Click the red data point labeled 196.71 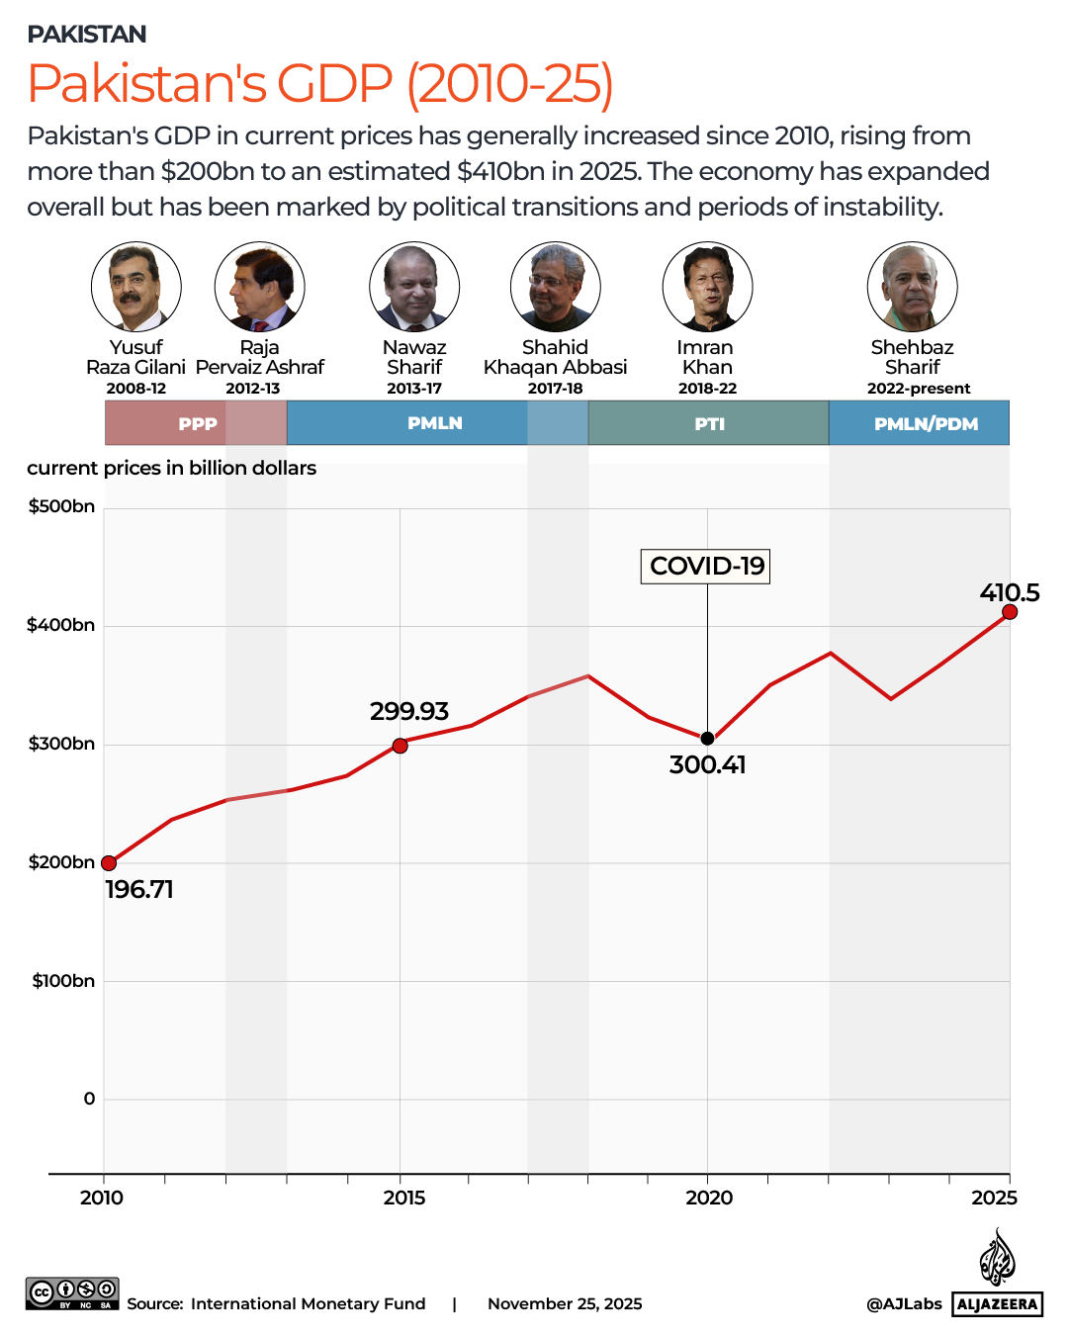pyautogui.click(x=109, y=863)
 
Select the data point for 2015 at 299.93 pyautogui.click(x=400, y=746)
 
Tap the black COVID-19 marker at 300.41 pyautogui.click(x=707, y=739)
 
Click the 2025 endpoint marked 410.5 pyautogui.click(x=1010, y=612)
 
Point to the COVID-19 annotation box pyautogui.click(x=706, y=567)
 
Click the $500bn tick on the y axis pyautogui.click(x=62, y=506)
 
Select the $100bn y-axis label pyautogui.click(x=63, y=981)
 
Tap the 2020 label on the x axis pyautogui.click(x=709, y=1198)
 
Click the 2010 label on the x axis pyautogui.click(x=102, y=1198)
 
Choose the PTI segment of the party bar pyautogui.click(x=709, y=423)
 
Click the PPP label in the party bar pyautogui.click(x=198, y=424)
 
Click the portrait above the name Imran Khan pyautogui.click(x=707, y=287)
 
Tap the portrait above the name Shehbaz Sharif pyautogui.click(x=912, y=287)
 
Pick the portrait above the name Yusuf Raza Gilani pyautogui.click(x=136, y=287)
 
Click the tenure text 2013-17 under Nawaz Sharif pyautogui.click(x=414, y=389)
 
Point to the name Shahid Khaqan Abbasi pyautogui.click(x=555, y=357)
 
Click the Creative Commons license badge pyautogui.click(x=72, y=1292)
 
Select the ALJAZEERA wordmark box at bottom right pyautogui.click(x=998, y=1303)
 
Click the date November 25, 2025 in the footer pyautogui.click(x=565, y=1303)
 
